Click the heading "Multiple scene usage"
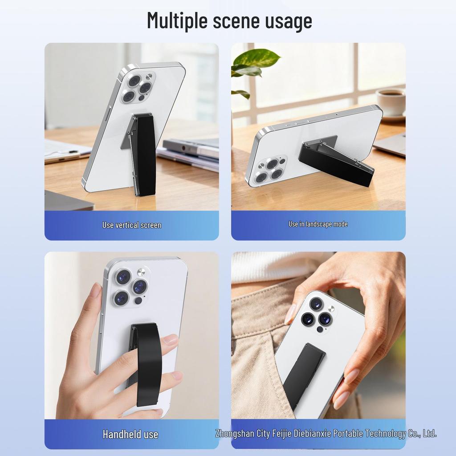coord(229,21)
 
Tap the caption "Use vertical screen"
coord(132,225)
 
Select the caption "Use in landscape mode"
coord(318,224)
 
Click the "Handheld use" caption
coord(130,434)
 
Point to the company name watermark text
coord(326,434)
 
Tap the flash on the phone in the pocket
coord(331,309)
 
